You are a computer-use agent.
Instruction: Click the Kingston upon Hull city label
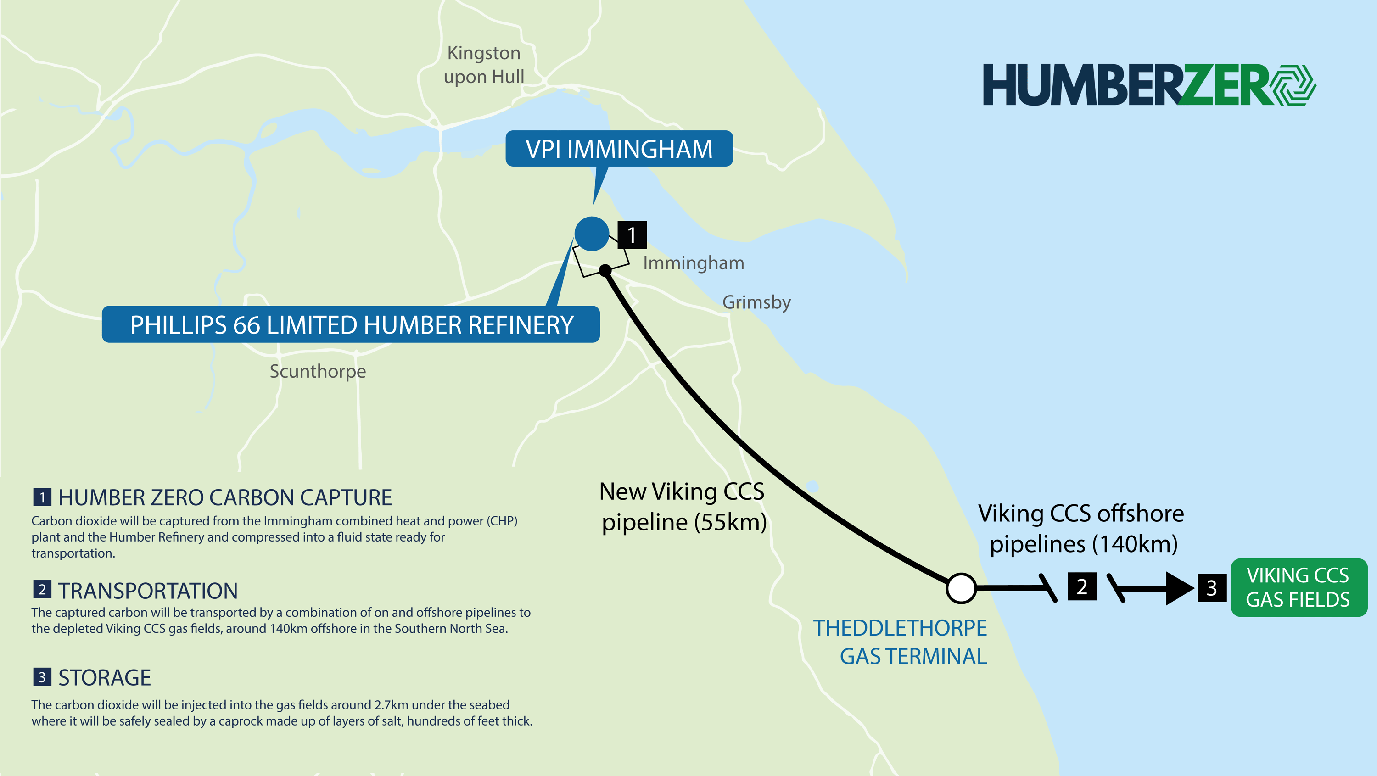[x=484, y=65]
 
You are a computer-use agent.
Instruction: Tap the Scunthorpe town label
[x=318, y=371]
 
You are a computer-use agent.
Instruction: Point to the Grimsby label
[x=756, y=302]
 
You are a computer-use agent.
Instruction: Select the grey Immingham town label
[x=693, y=263]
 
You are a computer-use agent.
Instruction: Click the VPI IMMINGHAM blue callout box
[x=619, y=149]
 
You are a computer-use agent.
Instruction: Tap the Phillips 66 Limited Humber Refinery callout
[x=351, y=324]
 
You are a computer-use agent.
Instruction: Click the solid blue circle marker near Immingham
[x=592, y=234]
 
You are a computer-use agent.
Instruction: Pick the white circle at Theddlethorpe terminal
[x=961, y=588]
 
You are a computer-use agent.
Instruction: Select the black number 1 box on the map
[x=632, y=235]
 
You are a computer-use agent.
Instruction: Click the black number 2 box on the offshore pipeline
[x=1082, y=586]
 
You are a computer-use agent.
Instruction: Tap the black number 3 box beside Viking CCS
[x=1212, y=588]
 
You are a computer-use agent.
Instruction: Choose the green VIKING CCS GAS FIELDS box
[x=1299, y=587]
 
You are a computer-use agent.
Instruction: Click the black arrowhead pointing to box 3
[x=1179, y=588]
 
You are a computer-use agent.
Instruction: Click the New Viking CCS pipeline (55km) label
[x=683, y=507]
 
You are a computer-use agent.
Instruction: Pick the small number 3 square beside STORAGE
[x=42, y=677]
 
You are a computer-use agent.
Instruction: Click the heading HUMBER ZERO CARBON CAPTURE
[x=225, y=497]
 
